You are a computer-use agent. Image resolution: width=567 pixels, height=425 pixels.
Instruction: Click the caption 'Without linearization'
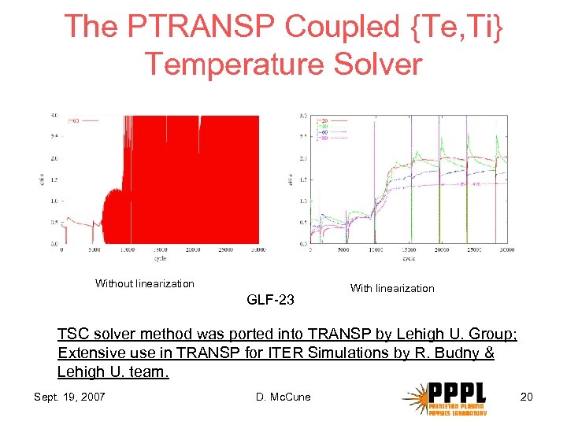point(144,283)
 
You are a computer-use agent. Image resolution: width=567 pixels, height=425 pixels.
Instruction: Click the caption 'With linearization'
point(391,288)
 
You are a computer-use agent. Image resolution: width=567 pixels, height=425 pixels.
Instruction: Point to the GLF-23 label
point(270,299)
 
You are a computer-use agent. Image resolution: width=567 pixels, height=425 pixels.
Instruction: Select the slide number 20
point(526,396)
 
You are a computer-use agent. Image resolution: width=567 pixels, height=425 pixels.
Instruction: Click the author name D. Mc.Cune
point(283,396)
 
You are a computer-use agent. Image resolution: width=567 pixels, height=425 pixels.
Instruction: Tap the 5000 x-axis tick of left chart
point(94,250)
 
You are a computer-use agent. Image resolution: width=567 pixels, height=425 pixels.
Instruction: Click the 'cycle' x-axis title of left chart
point(160,257)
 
